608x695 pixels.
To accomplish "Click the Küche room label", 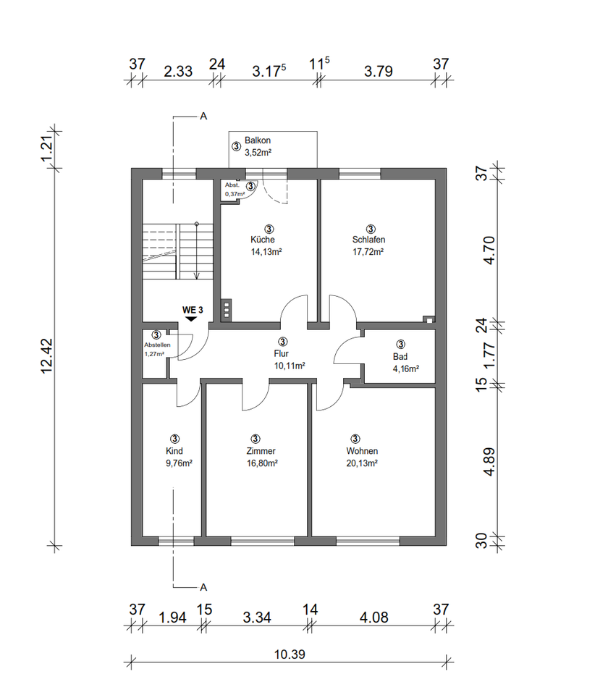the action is click(x=263, y=240).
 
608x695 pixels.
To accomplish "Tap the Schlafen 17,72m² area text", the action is click(x=368, y=252).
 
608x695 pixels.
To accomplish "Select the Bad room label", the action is click(x=400, y=356).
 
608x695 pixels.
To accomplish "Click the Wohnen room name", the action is click(x=362, y=451).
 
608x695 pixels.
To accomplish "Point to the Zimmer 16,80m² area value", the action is click(x=262, y=463).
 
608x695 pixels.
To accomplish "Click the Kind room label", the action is click(x=174, y=451).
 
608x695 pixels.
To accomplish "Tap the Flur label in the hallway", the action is click(x=282, y=353).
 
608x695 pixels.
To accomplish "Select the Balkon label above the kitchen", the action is click(x=258, y=140).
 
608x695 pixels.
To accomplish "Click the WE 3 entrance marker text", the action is click(x=193, y=310).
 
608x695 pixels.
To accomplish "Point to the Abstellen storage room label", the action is click(x=157, y=345).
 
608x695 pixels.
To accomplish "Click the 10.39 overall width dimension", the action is click(x=290, y=654).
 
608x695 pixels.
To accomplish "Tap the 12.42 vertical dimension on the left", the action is click(x=47, y=356).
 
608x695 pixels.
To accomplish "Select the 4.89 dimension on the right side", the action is click(x=489, y=463).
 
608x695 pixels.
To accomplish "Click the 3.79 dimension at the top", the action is click(x=379, y=71).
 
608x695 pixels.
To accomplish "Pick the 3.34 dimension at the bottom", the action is click(x=257, y=617).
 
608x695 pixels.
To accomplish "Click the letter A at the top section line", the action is click(x=203, y=116).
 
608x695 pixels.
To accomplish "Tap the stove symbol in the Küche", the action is click(x=227, y=309).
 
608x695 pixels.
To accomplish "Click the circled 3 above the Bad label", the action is click(x=400, y=344).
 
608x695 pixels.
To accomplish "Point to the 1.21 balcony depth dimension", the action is click(x=47, y=149).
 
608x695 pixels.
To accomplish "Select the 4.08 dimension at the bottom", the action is click(x=374, y=617).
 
